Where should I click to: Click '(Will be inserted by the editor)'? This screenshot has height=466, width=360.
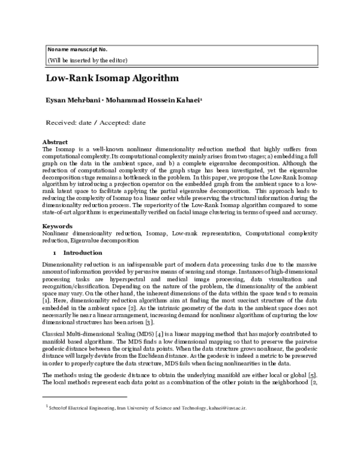pos(87,60)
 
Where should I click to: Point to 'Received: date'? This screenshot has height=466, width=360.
pos(67,123)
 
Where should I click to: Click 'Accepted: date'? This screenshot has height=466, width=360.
pos(124,123)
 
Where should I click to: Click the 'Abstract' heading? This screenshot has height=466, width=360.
pos(55,142)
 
